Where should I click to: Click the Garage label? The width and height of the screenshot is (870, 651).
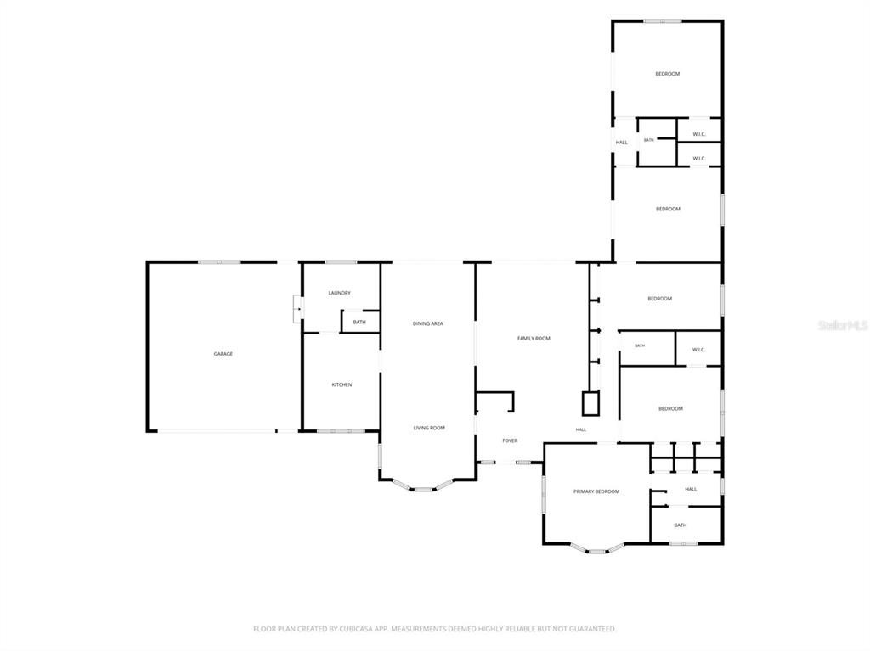point(223,354)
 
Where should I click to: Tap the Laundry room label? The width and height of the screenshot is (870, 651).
point(339,293)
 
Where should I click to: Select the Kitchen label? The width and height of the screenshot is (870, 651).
point(342,384)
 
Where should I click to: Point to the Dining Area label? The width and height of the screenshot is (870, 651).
point(428,323)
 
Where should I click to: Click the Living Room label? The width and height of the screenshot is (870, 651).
point(429,428)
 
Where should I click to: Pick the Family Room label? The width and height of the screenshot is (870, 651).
point(534,339)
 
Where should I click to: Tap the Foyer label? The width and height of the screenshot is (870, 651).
point(510,441)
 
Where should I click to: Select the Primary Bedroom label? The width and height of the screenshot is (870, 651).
point(596,491)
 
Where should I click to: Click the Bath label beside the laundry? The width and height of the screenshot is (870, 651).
point(359,323)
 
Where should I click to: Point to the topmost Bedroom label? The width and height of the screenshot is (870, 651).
point(668,74)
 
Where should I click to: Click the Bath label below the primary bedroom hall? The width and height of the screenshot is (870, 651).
point(681,525)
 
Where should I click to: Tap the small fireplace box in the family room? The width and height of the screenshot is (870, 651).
point(590,403)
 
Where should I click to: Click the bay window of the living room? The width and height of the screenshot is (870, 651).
point(423,485)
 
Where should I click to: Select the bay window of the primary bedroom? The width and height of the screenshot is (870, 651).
point(597,547)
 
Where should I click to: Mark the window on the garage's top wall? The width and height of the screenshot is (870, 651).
point(220,261)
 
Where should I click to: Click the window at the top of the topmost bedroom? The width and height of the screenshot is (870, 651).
point(663,21)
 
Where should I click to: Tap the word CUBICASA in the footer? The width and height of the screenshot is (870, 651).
point(358,629)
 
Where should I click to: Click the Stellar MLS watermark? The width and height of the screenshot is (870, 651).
point(842,325)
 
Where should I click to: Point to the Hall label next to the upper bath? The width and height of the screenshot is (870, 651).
point(621,143)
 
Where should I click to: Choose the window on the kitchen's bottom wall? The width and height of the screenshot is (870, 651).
point(342,430)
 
